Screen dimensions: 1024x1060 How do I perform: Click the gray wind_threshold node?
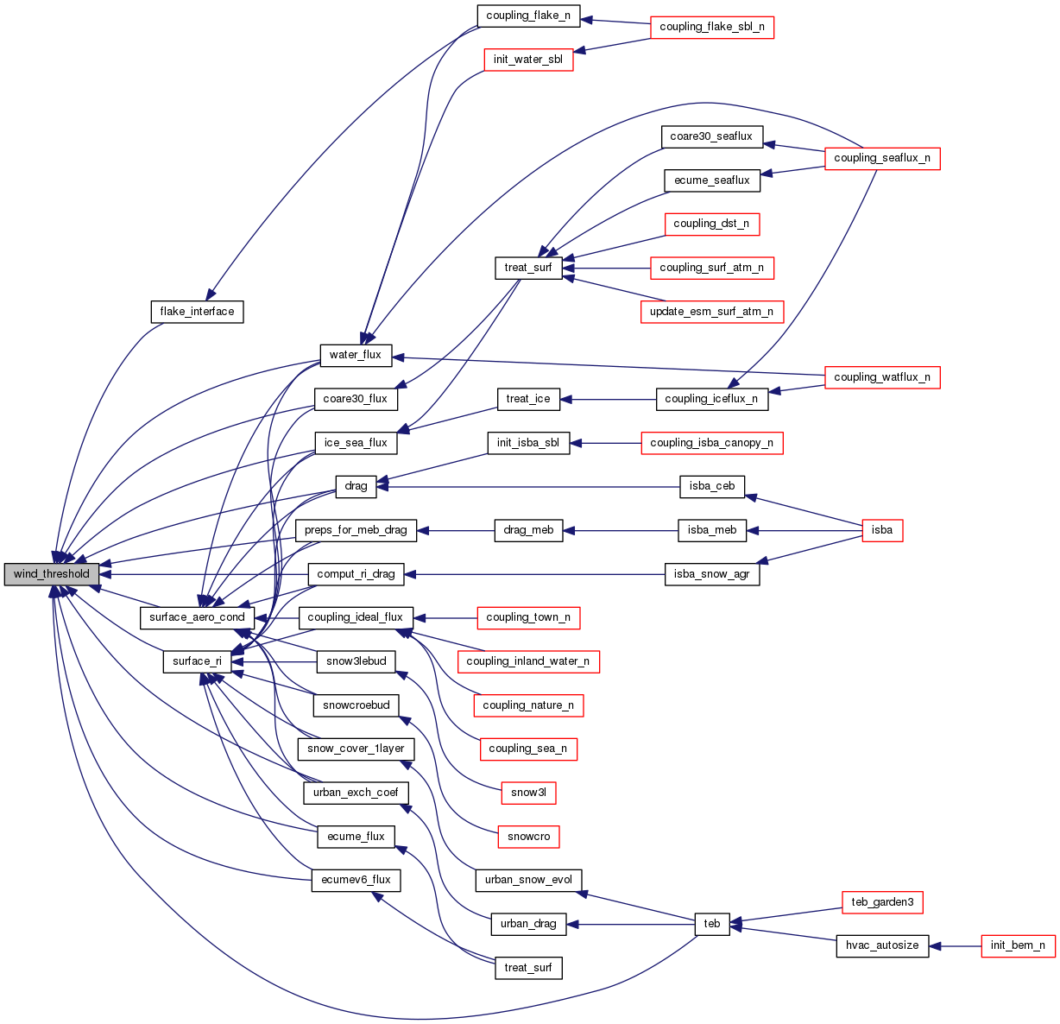(52, 574)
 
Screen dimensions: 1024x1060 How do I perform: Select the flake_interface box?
(197, 312)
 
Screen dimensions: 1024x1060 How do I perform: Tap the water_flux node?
(356, 355)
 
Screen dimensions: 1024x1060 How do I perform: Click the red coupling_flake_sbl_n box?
(711, 28)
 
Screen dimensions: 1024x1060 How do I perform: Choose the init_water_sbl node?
(528, 60)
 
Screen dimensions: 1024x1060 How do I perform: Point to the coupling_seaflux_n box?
(882, 159)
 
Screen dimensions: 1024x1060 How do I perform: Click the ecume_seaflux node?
(712, 180)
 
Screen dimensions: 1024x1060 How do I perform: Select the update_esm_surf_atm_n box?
(711, 312)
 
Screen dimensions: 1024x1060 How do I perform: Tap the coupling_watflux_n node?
(882, 377)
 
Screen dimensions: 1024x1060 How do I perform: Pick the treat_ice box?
(528, 399)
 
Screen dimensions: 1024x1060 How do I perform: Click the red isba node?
(882, 530)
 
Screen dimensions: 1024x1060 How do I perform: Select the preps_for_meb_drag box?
(356, 530)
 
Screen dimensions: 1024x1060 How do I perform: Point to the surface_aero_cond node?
(197, 618)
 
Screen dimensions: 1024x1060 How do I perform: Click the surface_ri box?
(197, 662)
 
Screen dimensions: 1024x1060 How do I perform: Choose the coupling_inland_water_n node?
(528, 662)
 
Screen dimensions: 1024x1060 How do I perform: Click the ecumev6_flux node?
(356, 881)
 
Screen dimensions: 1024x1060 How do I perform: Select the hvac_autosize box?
(882, 945)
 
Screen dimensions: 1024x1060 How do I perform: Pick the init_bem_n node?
(1019, 945)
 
